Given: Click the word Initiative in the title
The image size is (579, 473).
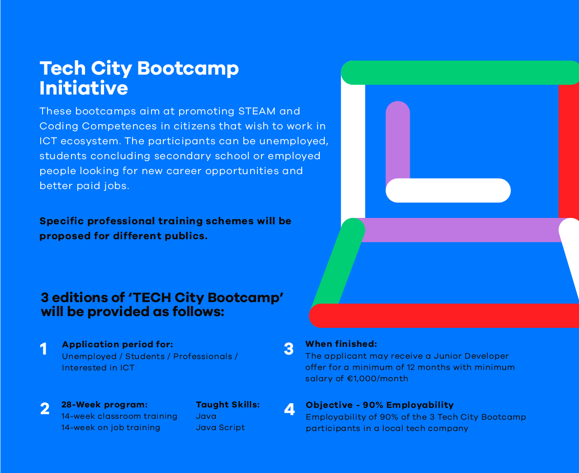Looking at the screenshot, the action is click(84, 88).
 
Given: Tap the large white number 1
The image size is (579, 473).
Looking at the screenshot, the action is click(43, 349).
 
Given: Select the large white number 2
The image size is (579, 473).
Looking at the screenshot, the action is click(45, 408).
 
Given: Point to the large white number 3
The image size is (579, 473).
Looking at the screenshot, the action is click(289, 349).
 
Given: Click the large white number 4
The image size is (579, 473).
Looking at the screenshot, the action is click(289, 409).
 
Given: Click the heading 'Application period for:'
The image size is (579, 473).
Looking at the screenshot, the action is click(118, 344).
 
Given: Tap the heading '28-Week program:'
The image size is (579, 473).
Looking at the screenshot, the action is click(104, 404).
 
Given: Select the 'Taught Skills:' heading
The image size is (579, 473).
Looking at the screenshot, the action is click(228, 404).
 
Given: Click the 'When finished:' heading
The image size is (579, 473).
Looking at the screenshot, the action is click(341, 344).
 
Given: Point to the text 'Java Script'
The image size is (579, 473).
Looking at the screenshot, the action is click(220, 427).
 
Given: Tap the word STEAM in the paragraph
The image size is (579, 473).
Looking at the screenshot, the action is click(256, 111).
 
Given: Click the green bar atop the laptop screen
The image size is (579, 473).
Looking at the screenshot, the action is click(460, 72).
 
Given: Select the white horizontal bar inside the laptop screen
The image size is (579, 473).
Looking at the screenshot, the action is click(448, 190).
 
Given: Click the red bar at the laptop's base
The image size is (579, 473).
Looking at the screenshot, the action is click(444, 316).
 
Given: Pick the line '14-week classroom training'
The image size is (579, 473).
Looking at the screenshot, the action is click(119, 416).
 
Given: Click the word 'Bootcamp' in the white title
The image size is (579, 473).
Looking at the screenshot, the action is click(188, 68).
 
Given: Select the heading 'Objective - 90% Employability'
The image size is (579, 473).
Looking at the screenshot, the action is click(380, 405).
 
